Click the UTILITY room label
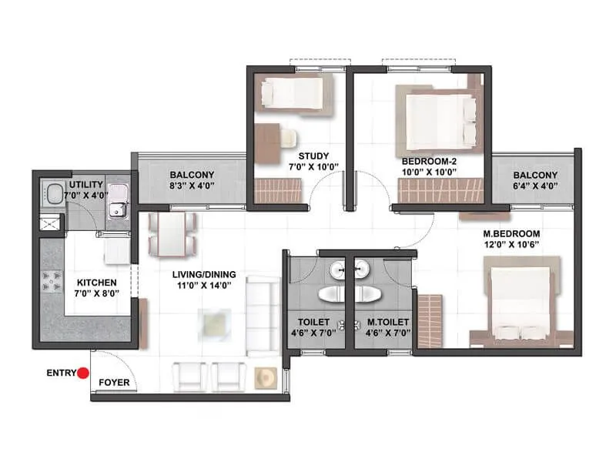click(x=86, y=186)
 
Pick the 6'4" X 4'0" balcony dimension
click(x=535, y=186)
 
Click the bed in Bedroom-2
click(x=435, y=115)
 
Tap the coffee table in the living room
click(x=213, y=320)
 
